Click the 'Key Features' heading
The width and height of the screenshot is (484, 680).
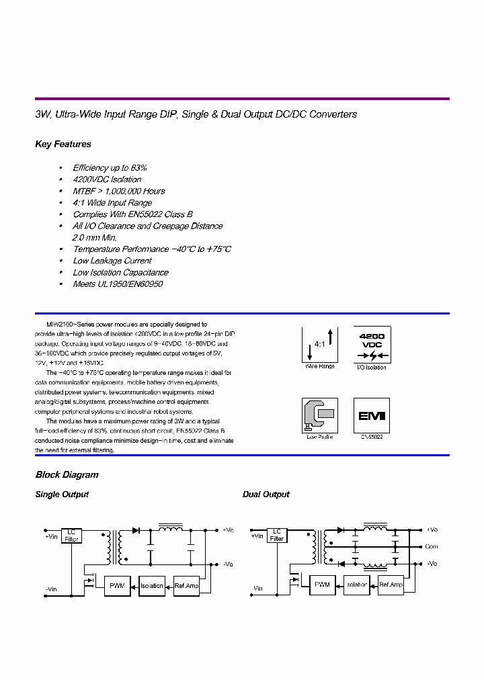click(x=63, y=144)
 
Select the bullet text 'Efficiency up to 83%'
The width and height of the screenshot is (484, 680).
click(x=110, y=168)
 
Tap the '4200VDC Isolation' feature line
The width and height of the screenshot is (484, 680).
click(x=107, y=179)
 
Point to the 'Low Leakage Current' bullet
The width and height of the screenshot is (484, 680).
click(x=112, y=261)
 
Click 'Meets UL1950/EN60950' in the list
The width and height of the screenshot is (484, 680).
click(x=118, y=284)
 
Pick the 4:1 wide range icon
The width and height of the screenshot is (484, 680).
click(x=320, y=344)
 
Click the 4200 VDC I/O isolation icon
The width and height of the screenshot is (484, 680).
click(x=371, y=344)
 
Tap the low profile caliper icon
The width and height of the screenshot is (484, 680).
click(x=320, y=415)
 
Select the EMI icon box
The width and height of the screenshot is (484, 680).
click(x=371, y=415)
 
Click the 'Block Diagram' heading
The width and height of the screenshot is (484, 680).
click(x=67, y=475)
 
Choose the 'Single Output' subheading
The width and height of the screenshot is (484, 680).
click(x=62, y=495)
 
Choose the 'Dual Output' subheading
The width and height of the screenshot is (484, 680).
click(x=266, y=495)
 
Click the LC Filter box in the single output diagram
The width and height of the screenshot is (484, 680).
click(x=71, y=535)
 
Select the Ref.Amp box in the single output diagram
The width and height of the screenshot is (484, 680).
click(x=186, y=585)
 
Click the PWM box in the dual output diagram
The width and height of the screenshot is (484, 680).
click(x=322, y=585)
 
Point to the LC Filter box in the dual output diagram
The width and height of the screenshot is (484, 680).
click(x=276, y=535)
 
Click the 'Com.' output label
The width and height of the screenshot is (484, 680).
click(x=432, y=547)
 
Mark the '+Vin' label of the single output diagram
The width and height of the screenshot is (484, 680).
click(x=52, y=536)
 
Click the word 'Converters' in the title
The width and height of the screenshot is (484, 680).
click(x=335, y=114)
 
